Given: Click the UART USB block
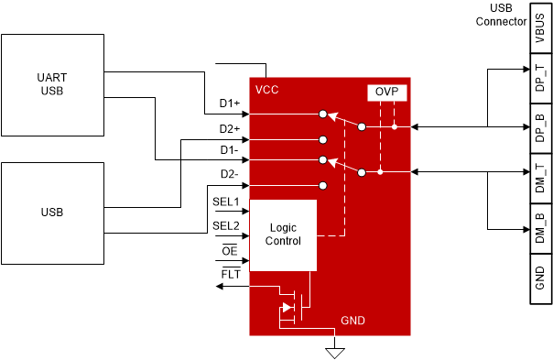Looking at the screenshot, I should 51,84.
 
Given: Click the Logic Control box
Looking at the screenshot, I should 282,235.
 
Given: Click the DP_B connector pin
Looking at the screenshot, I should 539,125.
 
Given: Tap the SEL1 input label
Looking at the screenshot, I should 225,201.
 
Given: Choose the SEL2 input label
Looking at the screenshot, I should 225,225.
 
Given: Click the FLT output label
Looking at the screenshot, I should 230,274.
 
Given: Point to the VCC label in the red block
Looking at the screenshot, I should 267,90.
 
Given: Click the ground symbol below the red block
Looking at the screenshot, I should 336,352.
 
